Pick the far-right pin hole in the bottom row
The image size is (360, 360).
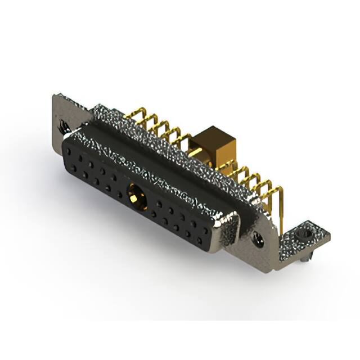click(x=199, y=236)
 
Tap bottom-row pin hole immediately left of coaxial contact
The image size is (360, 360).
click(x=119, y=194)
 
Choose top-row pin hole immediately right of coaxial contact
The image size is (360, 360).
click(x=159, y=203)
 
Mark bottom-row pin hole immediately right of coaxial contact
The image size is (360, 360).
click(x=154, y=213)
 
